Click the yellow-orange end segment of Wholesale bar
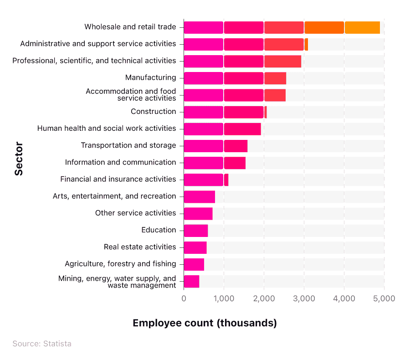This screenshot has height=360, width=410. (x=362, y=27)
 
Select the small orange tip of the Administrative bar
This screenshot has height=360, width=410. (x=306, y=44)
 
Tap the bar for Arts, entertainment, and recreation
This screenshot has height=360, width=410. (x=199, y=196)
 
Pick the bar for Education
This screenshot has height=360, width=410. (x=195, y=230)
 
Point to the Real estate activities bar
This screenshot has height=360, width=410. (x=195, y=247)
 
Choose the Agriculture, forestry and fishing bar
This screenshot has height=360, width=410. (x=194, y=264)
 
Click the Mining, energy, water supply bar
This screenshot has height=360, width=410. (x=191, y=281)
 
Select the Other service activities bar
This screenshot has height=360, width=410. (x=198, y=213)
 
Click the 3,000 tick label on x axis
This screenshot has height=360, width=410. (x=304, y=298)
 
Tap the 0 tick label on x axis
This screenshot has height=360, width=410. (x=184, y=298)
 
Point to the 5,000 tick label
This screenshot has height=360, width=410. (x=384, y=298)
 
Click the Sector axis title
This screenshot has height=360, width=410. (x=19, y=159)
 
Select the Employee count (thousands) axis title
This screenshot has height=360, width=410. (x=205, y=323)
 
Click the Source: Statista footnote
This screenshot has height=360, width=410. (x=42, y=344)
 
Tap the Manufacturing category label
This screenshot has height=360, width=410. (x=150, y=77)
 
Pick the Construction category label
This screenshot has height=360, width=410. (x=153, y=112)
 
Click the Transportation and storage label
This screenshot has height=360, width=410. (x=128, y=145)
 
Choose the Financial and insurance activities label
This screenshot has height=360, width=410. (x=118, y=179)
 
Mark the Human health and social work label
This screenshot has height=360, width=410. (x=107, y=129)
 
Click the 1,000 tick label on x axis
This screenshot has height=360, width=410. (x=223, y=298)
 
